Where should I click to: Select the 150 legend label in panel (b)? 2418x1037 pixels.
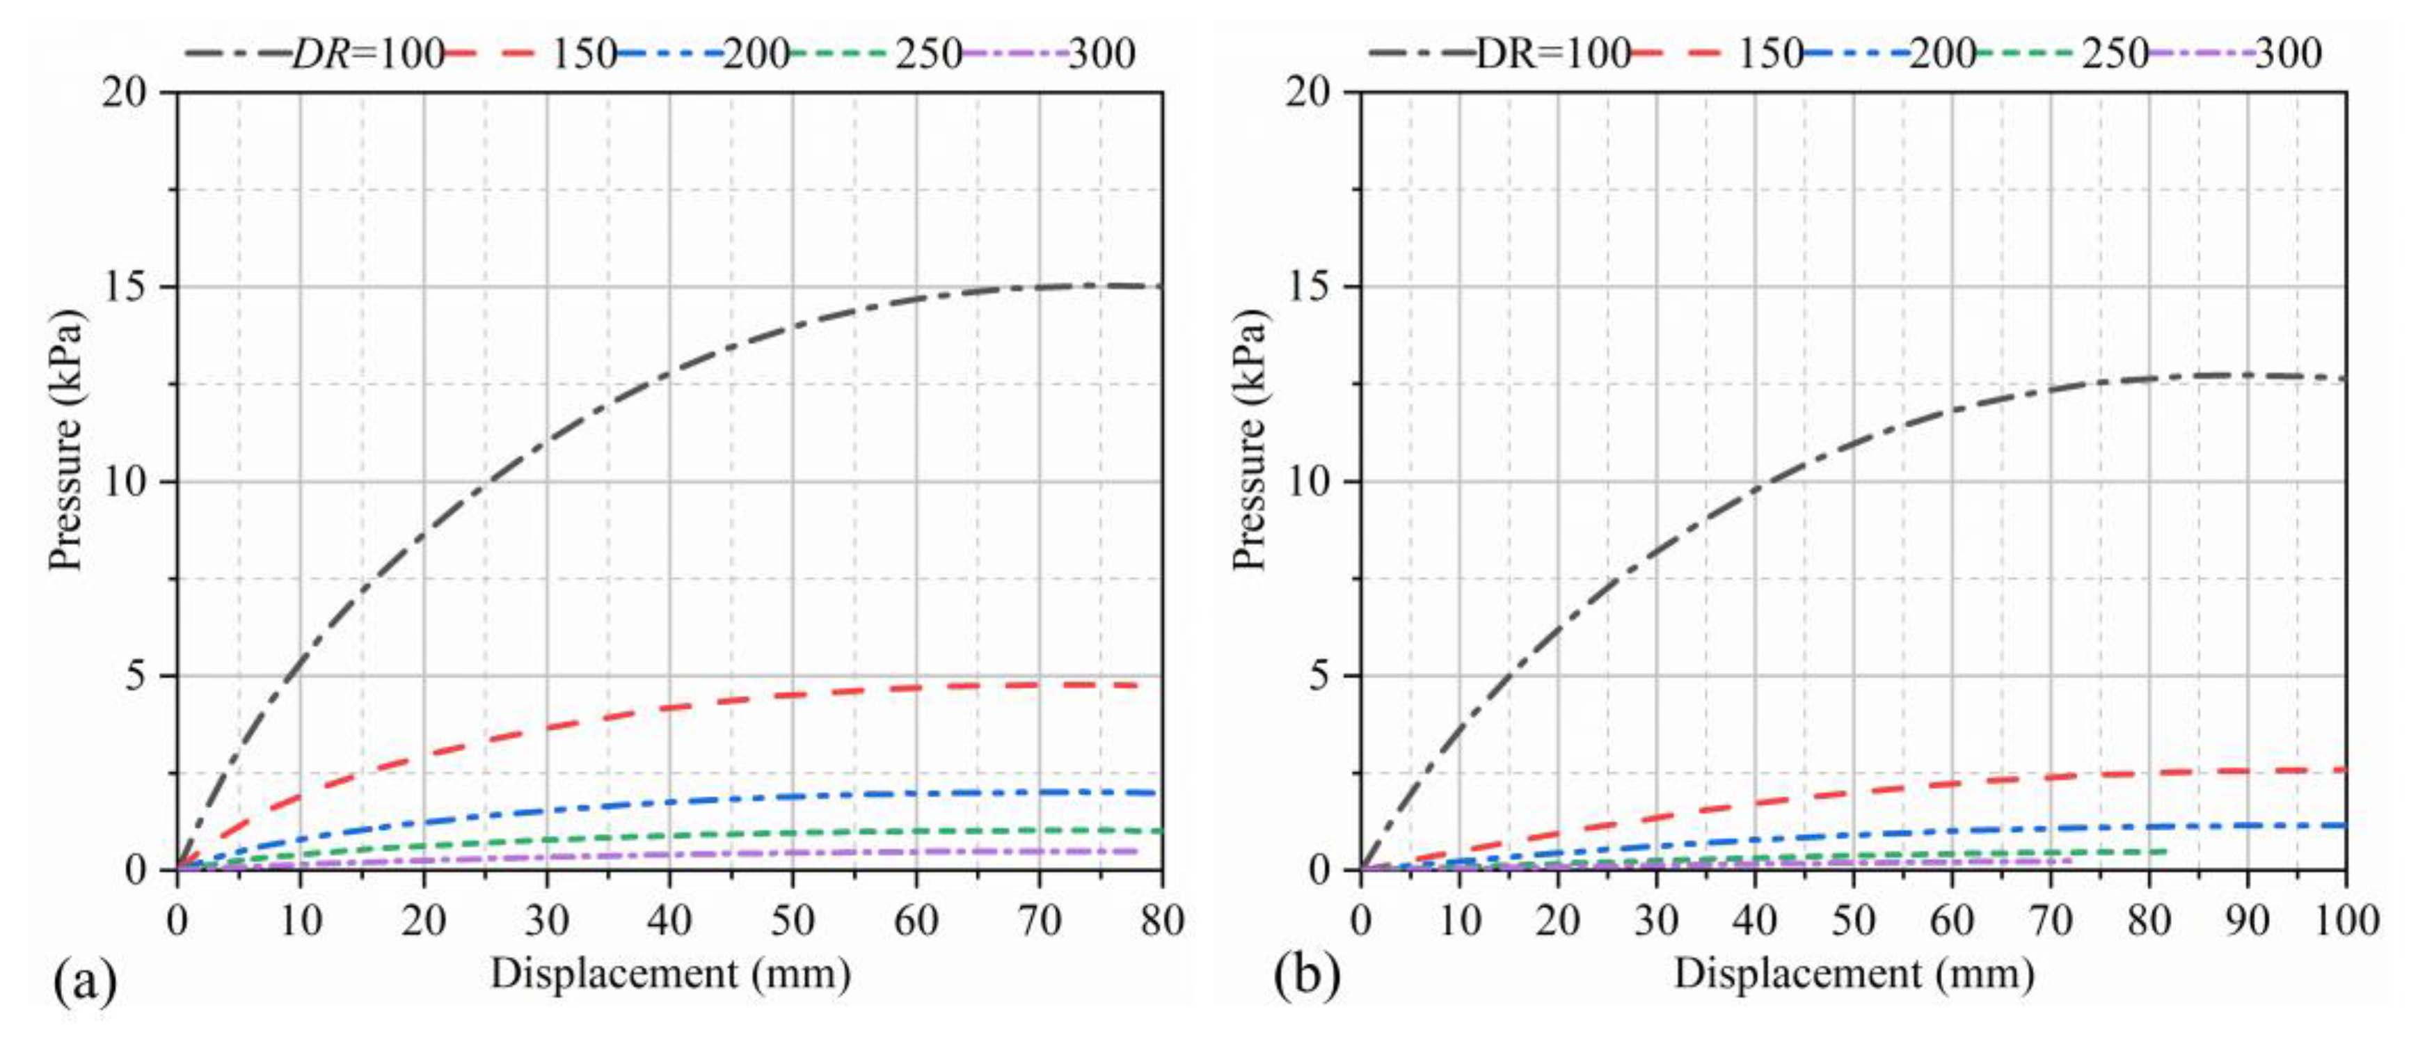[1770, 54]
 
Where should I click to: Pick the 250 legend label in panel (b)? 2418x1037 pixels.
[2116, 54]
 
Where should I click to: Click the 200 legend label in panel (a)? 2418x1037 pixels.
[756, 54]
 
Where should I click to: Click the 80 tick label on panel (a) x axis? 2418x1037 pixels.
[1162, 921]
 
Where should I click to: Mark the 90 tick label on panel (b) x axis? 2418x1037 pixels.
[2248, 921]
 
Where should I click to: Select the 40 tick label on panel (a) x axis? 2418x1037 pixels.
[669, 921]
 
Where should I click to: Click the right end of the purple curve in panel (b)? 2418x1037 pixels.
[2071, 860]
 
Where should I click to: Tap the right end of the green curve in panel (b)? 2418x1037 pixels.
[2166, 851]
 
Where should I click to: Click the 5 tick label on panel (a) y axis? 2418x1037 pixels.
[139, 676]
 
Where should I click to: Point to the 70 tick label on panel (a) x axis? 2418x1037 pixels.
[1039, 921]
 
